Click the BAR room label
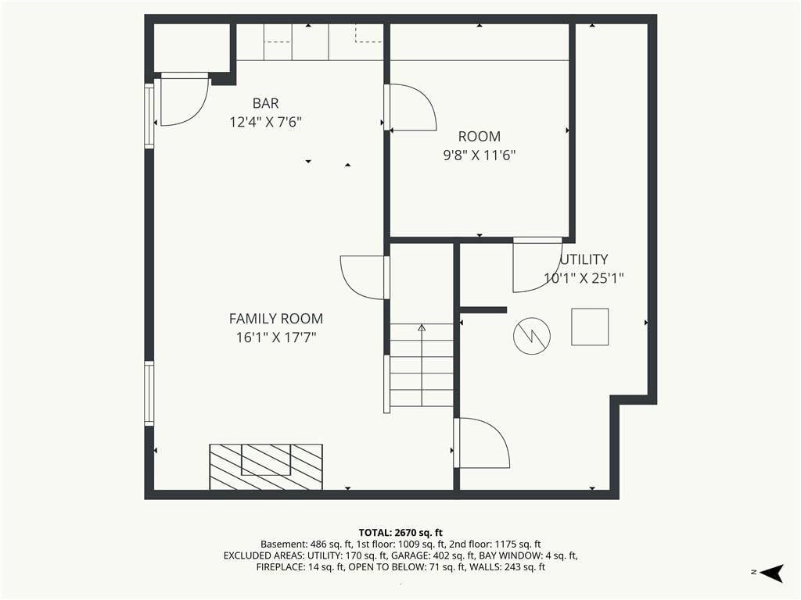click(266, 104)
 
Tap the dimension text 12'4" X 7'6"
click(266, 123)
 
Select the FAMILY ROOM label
click(276, 319)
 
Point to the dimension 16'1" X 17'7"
click(276, 337)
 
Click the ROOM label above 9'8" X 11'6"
click(480, 137)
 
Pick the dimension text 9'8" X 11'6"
click(480, 155)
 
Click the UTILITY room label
click(584, 259)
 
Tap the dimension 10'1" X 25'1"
click(584, 279)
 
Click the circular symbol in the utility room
click(532, 336)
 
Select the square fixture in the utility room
click(590, 327)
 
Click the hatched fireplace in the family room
click(266, 467)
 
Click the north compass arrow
click(772, 573)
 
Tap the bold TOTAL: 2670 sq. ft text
click(400, 533)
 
